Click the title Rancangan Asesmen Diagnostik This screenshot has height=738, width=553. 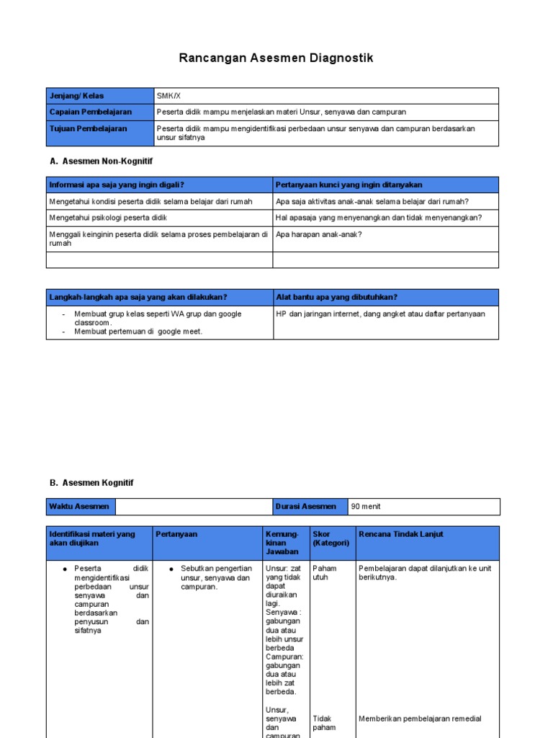(x=276, y=58)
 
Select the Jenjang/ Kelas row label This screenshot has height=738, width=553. (x=76, y=96)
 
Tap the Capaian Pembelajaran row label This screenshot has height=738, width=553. (x=90, y=112)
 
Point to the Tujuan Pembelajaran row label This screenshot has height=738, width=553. (x=88, y=128)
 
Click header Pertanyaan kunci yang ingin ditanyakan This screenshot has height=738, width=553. (x=349, y=184)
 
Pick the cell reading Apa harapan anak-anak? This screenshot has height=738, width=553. (x=318, y=234)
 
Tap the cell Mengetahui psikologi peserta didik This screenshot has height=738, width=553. (x=109, y=218)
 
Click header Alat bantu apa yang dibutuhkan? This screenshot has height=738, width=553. (x=336, y=297)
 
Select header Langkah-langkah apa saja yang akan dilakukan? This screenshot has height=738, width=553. (x=138, y=297)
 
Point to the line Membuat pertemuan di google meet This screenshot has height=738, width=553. (x=138, y=332)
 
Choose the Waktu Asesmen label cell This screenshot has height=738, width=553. (x=79, y=507)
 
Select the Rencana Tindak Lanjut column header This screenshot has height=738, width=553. (x=400, y=534)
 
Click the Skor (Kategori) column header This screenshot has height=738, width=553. (x=331, y=538)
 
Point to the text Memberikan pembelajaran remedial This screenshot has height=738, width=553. (x=420, y=719)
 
